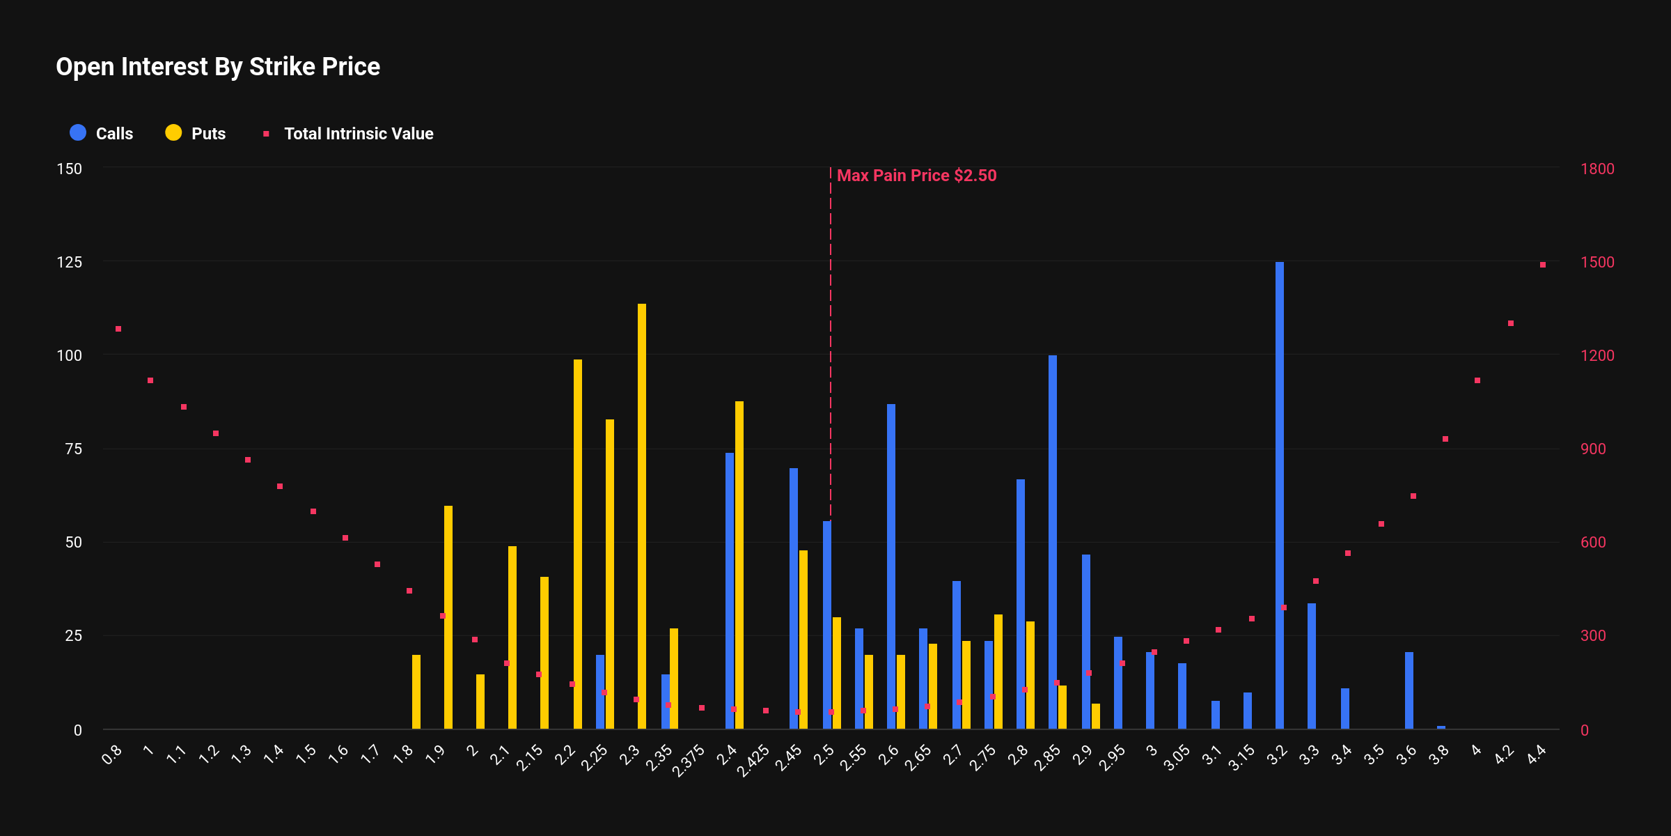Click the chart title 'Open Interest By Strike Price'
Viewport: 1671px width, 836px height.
[218, 67]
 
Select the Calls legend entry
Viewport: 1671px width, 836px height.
[102, 133]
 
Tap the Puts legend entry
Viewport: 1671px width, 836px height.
[196, 133]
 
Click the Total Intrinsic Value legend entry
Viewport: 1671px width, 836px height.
[348, 133]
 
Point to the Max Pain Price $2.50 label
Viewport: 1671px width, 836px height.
[916, 176]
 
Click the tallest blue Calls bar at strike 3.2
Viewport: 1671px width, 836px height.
[1280, 495]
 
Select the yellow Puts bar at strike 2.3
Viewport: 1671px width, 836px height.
[642, 516]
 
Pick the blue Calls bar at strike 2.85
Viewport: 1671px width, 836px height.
[1053, 542]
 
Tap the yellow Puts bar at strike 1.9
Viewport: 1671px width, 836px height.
[448, 617]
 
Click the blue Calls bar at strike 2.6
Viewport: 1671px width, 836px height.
[891, 566]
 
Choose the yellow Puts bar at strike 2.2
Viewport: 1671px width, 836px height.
[578, 543]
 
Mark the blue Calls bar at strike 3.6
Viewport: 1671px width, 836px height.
[1409, 690]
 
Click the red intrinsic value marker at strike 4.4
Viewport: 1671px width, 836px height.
[1543, 265]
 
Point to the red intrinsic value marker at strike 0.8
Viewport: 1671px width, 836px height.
[118, 329]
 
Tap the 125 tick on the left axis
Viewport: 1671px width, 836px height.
[69, 262]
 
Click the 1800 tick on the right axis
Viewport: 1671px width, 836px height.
[1597, 169]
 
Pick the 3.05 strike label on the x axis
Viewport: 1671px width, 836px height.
[1177, 758]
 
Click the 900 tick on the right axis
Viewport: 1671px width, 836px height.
[1593, 449]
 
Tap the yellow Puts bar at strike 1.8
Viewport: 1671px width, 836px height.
[416, 692]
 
